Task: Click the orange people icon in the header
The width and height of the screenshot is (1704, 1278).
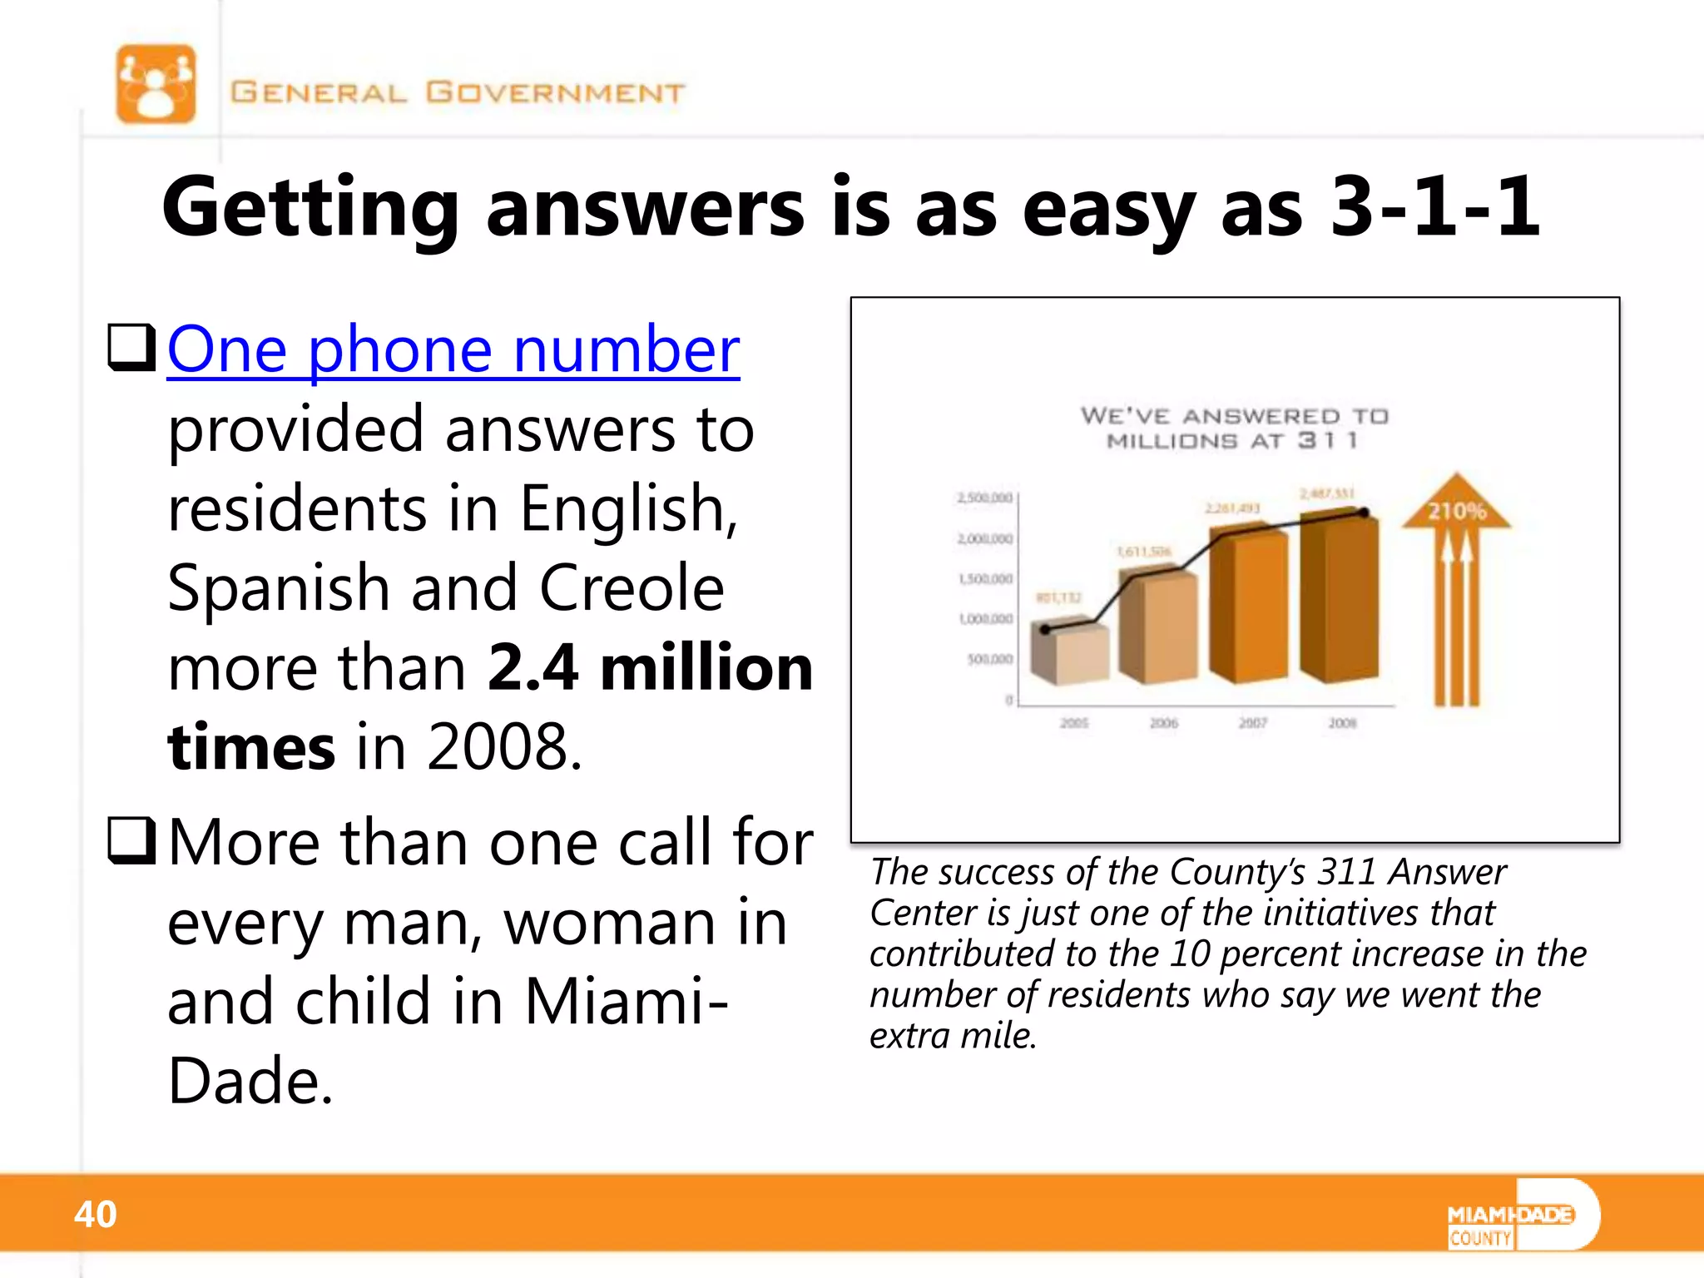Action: click(x=156, y=84)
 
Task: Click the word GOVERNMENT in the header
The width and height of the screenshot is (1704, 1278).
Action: click(x=555, y=92)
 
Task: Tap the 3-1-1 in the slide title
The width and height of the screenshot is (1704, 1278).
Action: click(x=1434, y=206)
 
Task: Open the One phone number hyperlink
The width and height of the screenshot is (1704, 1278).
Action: click(x=453, y=349)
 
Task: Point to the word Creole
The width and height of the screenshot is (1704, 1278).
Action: click(x=632, y=587)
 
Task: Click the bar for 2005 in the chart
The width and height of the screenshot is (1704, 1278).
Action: click(x=1070, y=656)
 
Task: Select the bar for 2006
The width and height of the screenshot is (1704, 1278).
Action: click(x=1159, y=628)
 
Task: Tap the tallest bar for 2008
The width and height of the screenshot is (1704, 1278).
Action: click(x=1340, y=599)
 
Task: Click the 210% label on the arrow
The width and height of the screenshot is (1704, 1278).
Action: click(x=1456, y=511)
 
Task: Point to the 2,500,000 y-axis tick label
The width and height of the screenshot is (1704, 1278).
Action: click(x=985, y=498)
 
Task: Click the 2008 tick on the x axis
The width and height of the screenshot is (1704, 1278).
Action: click(x=1342, y=723)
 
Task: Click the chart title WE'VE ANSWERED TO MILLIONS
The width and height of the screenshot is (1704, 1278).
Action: click(x=1234, y=428)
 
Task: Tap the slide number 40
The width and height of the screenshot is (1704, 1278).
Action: click(x=95, y=1214)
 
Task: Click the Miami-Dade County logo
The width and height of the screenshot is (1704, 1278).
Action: click(x=1522, y=1216)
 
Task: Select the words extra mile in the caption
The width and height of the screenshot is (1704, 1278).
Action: click(x=953, y=1036)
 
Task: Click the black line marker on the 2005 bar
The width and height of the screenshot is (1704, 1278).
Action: click(x=1046, y=630)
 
